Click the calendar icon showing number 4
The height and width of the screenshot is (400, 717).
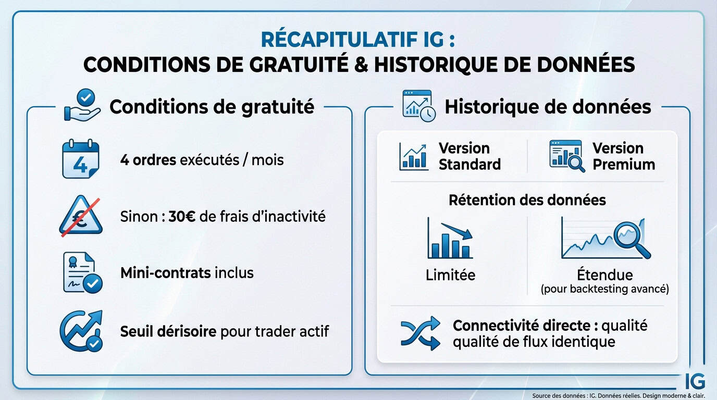(x=80, y=159)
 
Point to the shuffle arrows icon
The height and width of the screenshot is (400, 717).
(x=420, y=334)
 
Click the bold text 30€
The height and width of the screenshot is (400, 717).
(x=182, y=216)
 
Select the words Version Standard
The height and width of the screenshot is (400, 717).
(x=469, y=156)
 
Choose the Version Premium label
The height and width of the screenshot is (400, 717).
(x=623, y=156)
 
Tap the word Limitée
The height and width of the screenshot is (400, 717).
(x=450, y=275)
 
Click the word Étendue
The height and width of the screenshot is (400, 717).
(x=604, y=274)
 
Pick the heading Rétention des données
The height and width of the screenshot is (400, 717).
(x=527, y=200)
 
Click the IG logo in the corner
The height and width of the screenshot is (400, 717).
(x=695, y=381)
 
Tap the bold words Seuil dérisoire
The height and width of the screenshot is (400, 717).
(x=168, y=331)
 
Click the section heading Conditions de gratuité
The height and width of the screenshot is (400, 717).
(x=212, y=107)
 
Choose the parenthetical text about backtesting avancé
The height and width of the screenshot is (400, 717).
(x=604, y=289)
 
